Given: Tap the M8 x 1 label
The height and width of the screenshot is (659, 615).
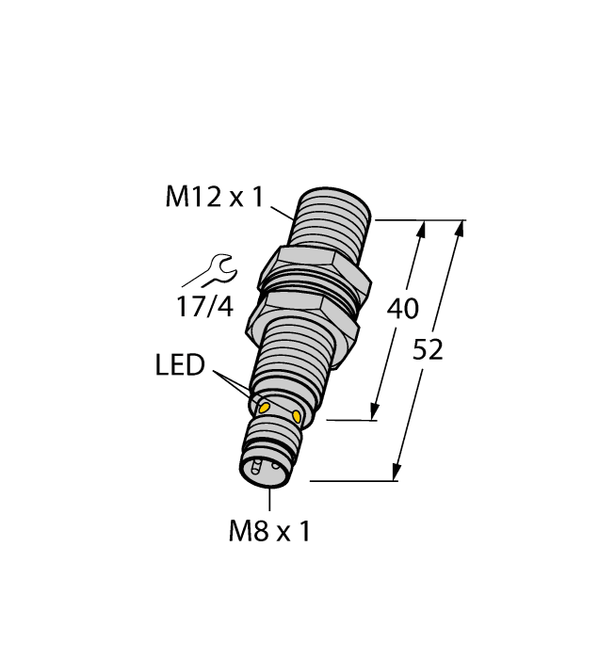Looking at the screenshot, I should tap(269, 532).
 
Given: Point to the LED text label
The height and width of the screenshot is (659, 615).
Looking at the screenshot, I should tap(180, 365).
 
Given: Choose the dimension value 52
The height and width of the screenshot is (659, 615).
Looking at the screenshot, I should tap(429, 350).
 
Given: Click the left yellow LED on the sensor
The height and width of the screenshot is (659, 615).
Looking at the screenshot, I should tap(265, 407).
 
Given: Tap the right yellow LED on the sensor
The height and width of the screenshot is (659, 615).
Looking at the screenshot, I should tap(299, 416).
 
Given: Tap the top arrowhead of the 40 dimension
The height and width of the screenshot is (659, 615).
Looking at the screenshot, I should tap(421, 229).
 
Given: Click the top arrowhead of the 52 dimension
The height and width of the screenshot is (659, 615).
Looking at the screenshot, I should tap(460, 229).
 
